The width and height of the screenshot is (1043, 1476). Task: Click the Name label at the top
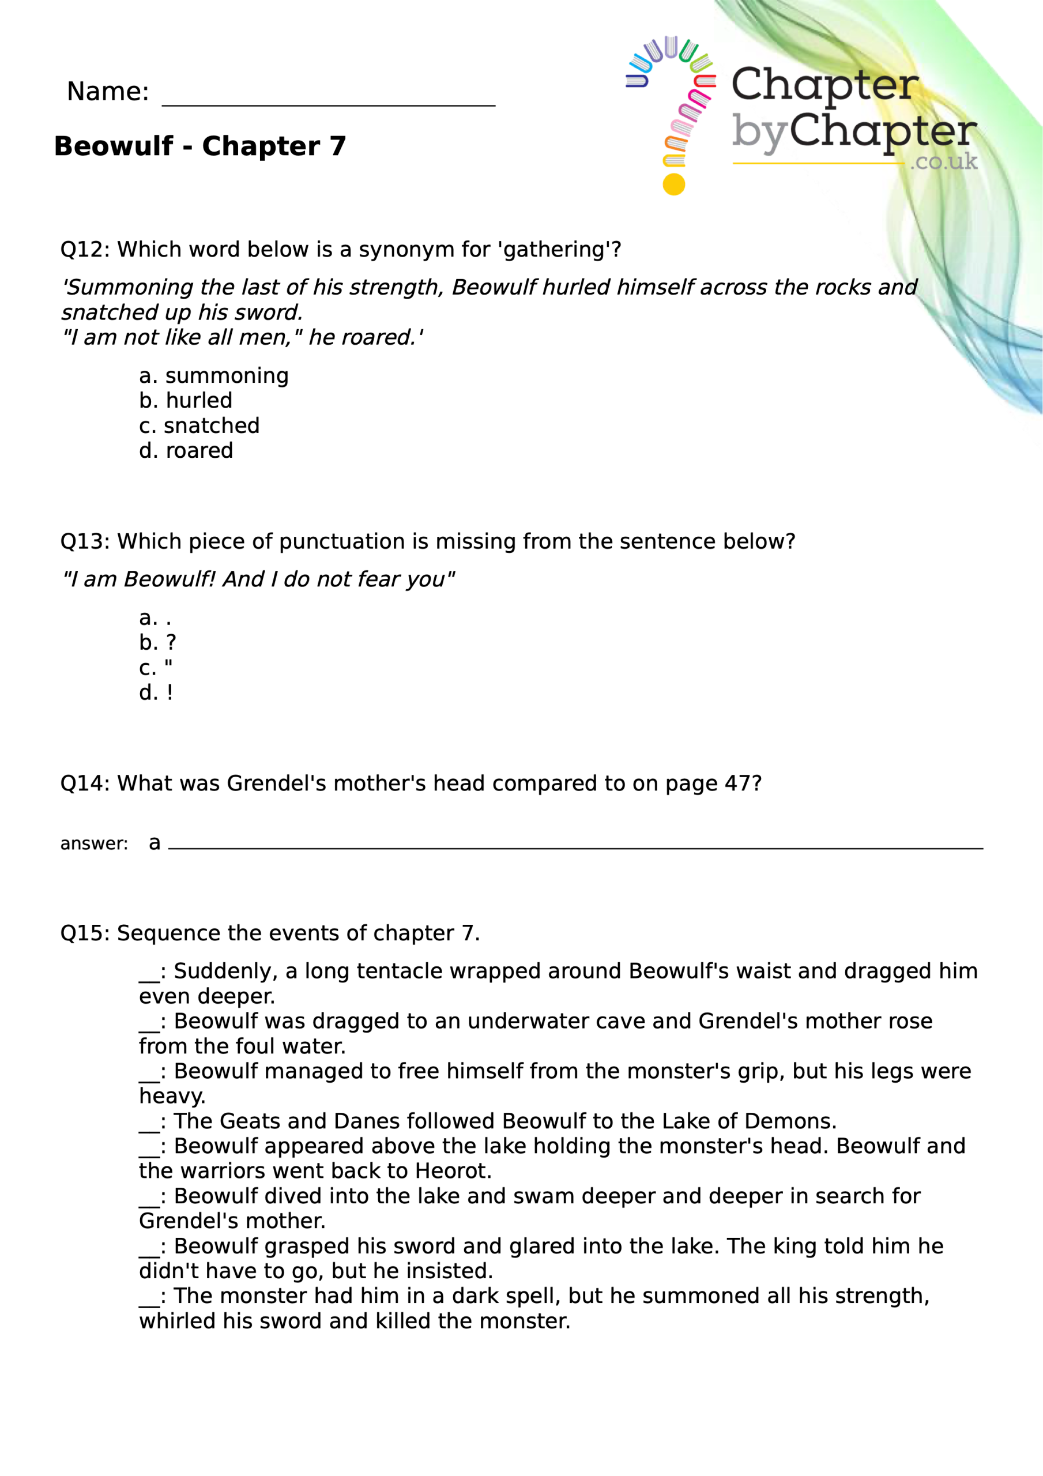coord(107,91)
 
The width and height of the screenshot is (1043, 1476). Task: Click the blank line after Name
coord(328,103)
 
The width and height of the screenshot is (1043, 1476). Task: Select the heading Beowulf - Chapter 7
coord(200,146)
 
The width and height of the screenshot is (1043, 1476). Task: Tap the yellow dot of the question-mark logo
coord(673,184)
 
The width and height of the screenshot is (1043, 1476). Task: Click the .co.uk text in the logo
coord(943,161)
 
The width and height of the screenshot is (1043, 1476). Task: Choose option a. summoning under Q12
coord(213,375)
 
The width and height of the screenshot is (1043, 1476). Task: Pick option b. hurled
coord(185,401)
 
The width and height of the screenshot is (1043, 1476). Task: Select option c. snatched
coord(199,426)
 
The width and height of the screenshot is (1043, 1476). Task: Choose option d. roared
coord(186,451)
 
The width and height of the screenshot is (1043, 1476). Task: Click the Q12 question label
coord(77,250)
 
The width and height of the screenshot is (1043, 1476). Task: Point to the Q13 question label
coord(77,541)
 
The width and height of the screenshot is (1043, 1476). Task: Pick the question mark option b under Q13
coord(157,642)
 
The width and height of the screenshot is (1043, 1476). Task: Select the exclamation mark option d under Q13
coord(156,692)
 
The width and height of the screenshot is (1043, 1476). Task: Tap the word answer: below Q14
coord(94,844)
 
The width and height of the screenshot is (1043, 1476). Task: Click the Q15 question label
coord(77,933)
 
